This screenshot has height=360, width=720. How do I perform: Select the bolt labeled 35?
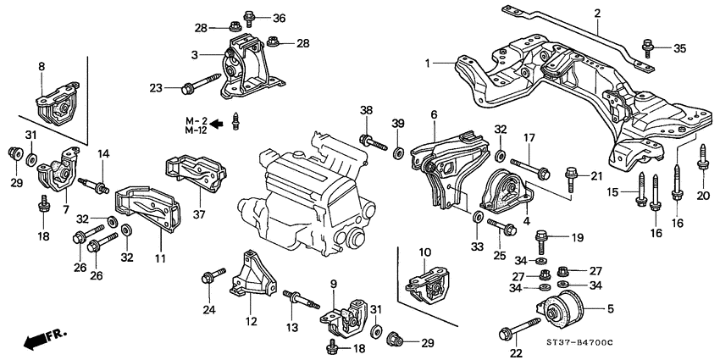tap(649, 47)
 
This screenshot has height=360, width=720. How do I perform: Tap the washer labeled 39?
tap(396, 152)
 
